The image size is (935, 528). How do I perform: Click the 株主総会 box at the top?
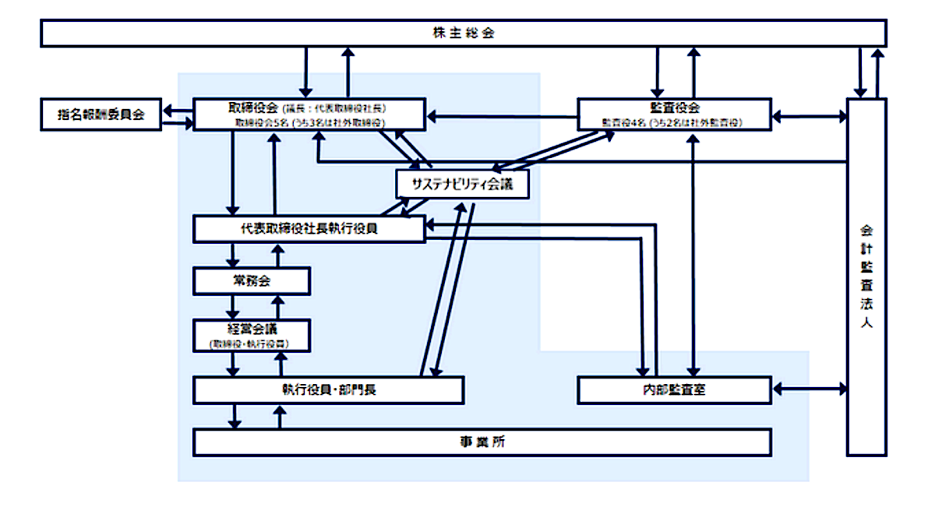coord(463,33)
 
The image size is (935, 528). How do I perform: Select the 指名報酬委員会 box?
coord(101,114)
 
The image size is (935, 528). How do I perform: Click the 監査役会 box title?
coord(675,107)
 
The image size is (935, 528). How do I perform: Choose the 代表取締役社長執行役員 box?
coord(309,229)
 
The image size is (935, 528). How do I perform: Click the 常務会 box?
coord(252,280)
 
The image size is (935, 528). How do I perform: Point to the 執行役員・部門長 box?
coord(328,389)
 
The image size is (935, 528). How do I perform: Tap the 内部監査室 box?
coord(674,389)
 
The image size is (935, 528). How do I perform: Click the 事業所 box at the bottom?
coord(482,442)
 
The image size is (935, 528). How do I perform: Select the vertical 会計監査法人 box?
coord(866,276)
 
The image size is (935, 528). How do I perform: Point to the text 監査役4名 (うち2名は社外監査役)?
coord(675,122)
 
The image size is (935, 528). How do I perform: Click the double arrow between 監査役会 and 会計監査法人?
coord(810,117)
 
